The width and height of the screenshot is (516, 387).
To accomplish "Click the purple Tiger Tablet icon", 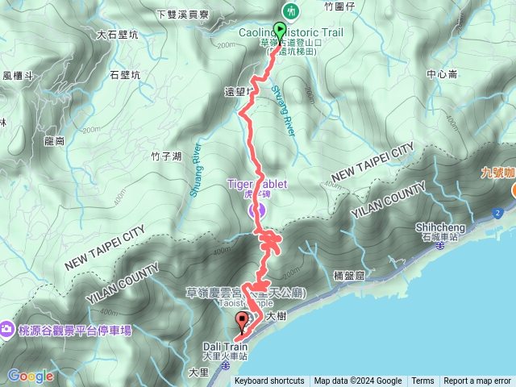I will tap(259, 210).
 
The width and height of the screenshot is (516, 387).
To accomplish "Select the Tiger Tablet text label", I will tap(258, 184).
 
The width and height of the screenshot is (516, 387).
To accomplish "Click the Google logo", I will tap(31, 376).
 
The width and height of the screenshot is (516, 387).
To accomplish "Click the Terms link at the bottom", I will tap(422, 381).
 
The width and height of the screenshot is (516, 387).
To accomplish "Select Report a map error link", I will tap(477, 381).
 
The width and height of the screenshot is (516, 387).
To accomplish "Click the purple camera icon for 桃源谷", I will tap(6, 329).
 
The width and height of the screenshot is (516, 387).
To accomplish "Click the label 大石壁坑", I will tap(117, 35).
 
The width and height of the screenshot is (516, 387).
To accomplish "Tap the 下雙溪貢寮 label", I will tap(182, 15).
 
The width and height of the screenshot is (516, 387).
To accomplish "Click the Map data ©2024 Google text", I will tap(358, 381).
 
